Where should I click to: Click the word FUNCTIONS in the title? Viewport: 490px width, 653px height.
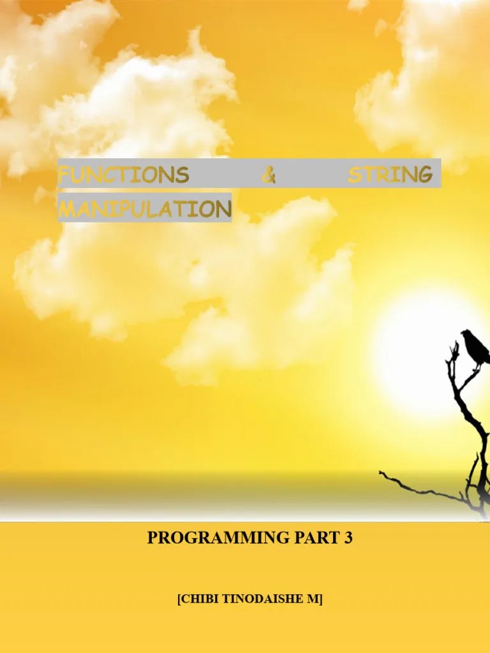(123, 175)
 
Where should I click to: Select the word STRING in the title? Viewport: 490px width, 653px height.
(389, 175)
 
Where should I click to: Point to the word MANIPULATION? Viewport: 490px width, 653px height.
(144, 209)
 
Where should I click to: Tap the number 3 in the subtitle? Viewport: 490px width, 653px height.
(348, 538)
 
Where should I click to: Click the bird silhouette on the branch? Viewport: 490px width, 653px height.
(475, 348)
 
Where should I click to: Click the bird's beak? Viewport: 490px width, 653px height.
(462, 334)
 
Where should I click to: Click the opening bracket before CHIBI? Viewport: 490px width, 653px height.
(179, 599)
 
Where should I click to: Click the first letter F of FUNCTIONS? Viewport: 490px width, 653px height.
(63, 175)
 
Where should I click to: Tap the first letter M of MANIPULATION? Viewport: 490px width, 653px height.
(66, 209)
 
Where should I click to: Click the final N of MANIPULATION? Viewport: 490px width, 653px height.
(223, 209)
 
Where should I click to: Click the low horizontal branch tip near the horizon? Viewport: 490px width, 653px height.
(382, 473)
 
